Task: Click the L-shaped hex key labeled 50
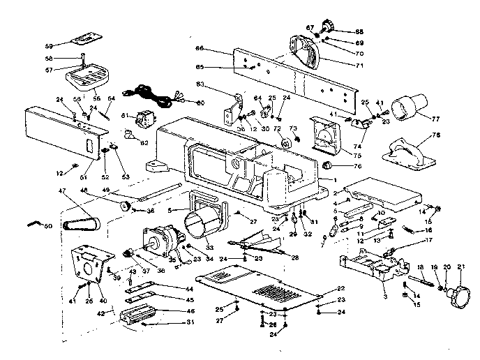tap(33, 223)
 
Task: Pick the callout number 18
tap(421, 267)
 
